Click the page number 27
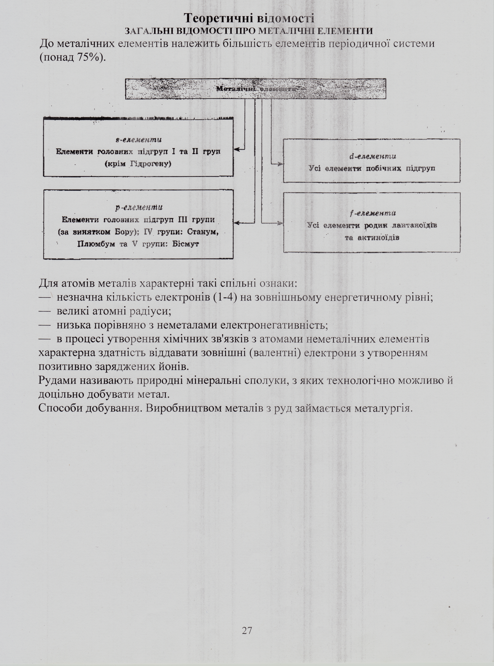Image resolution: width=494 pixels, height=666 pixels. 247,630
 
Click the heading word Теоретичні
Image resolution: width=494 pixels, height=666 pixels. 218,18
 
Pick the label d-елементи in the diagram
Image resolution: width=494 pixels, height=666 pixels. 373,157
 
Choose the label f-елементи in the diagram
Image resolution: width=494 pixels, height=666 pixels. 373,213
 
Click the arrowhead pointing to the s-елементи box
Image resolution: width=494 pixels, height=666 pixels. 237,149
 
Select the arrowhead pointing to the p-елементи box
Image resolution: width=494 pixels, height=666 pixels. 237,223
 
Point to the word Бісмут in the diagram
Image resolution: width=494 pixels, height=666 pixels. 185,244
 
